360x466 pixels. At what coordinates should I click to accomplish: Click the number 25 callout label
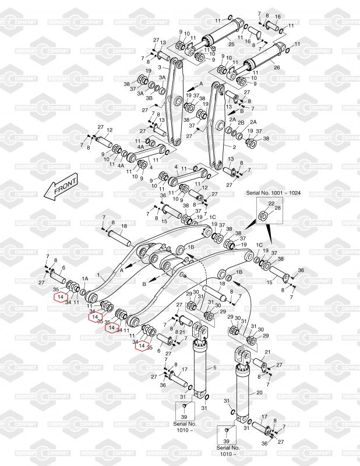(x=231, y=45)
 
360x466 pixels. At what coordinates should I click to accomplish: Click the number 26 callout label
(x=277, y=68)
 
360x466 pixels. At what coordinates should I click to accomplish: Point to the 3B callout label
(x=149, y=98)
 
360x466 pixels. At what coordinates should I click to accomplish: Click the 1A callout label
(x=85, y=279)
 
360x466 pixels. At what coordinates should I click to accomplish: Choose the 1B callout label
(x=190, y=248)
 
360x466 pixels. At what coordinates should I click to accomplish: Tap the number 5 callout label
(x=214, y=368)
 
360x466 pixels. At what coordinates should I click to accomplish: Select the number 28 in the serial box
(x=277, y=208)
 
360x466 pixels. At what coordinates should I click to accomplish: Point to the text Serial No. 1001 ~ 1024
(x=274, y=193)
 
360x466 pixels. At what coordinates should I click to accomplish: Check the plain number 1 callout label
(x=99, y=274)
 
